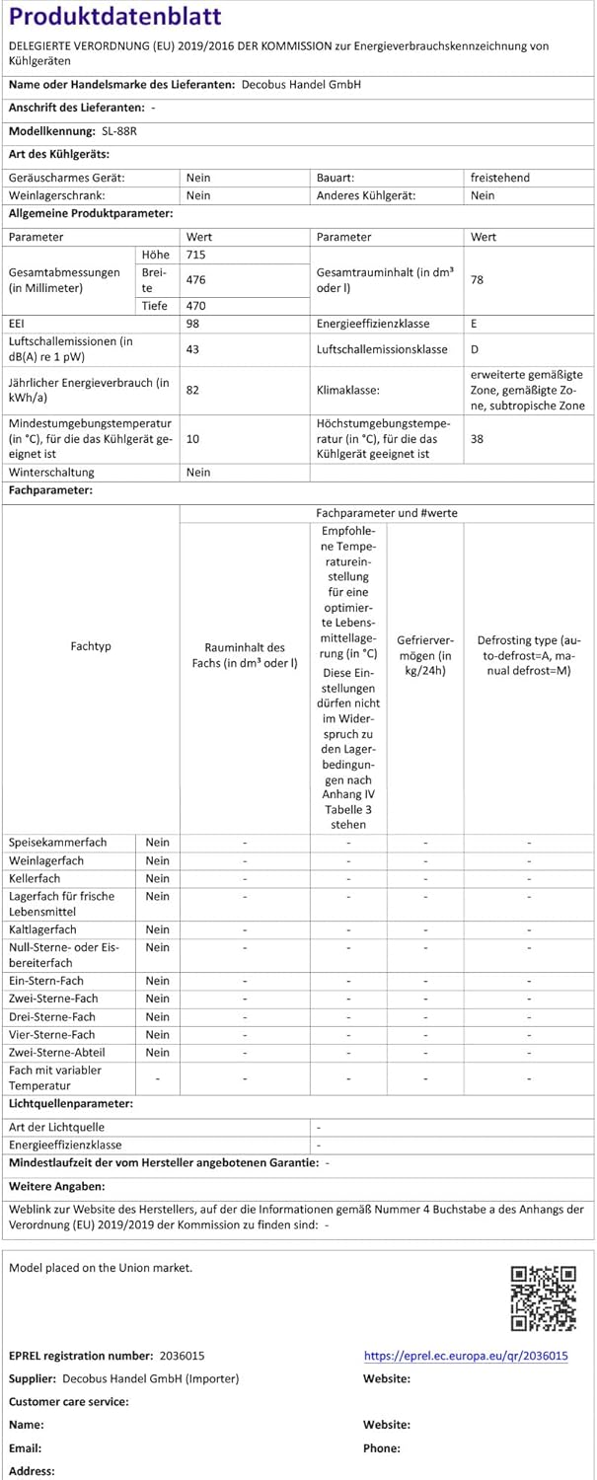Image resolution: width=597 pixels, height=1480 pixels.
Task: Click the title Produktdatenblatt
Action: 115,18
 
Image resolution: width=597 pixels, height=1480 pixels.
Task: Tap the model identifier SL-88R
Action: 119,130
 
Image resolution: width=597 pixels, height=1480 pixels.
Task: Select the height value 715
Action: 195,256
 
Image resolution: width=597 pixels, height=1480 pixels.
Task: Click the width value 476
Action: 195,280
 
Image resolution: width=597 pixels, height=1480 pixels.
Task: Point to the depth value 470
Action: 195,306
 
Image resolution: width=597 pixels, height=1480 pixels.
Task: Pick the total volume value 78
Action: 478,280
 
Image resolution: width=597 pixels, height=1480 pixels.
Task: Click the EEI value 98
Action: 192,324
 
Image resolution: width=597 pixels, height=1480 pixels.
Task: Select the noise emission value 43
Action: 192,349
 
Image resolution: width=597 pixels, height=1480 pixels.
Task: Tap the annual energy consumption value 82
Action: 192,390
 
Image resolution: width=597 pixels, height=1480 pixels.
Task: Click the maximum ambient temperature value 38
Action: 478,438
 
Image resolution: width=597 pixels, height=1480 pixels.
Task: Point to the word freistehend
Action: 500,178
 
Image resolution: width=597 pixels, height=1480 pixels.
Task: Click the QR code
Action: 543,1297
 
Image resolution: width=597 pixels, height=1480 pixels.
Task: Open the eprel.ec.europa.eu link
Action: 466,1357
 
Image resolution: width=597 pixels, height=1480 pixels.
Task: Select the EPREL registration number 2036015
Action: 182,1357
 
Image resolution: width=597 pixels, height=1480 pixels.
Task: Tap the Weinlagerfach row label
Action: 46,860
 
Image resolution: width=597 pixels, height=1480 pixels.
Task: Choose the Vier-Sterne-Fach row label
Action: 52,1034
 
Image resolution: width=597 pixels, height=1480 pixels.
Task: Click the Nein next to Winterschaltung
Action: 198,472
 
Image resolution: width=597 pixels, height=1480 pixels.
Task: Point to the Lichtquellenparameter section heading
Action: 71,1103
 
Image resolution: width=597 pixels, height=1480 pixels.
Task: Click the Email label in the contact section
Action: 26,1448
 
